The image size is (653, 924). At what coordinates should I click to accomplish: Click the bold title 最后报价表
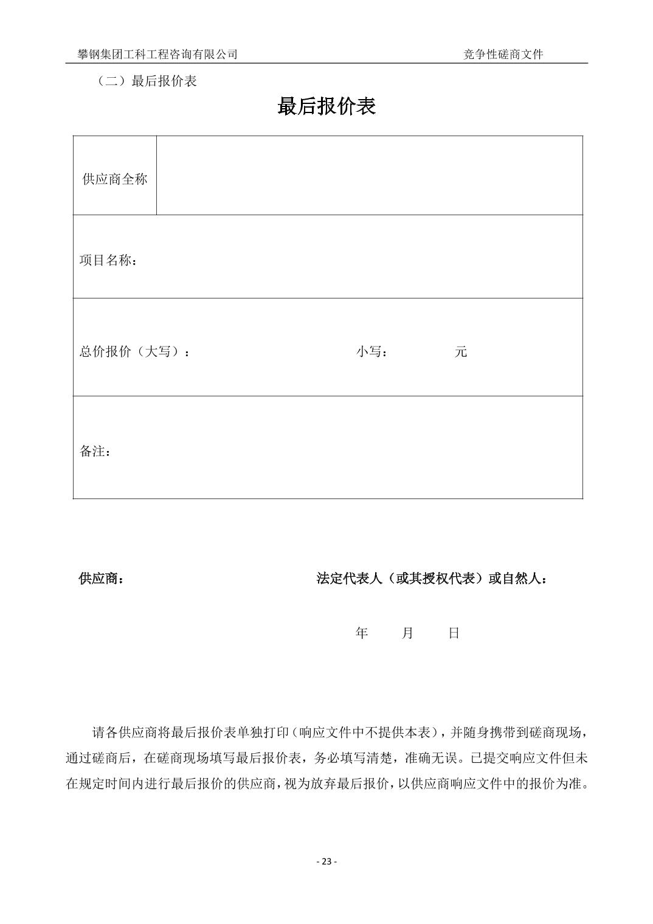[326, 106]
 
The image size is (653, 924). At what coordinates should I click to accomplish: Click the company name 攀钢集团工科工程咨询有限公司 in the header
[157, 54]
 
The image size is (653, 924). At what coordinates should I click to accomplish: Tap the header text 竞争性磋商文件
[503, 54]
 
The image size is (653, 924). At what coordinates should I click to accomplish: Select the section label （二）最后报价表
[146, 81]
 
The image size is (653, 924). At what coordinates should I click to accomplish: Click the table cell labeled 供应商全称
[115, 179]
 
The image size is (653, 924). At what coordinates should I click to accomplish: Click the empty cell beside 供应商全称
[369, 176]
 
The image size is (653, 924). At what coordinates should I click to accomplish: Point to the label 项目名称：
[108, 261]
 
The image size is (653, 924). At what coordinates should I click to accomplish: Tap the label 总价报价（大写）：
[134, 352]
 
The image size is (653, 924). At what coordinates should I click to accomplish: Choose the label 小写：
[372, 352]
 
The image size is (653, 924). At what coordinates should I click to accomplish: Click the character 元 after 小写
[461, 352]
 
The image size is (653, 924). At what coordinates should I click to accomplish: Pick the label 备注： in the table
[95, 452]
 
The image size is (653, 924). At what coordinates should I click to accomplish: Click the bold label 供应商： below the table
[102, 579]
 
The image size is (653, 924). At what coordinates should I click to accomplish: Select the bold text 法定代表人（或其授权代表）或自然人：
[432, 579]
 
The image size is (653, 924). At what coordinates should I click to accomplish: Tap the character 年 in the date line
[362, 633]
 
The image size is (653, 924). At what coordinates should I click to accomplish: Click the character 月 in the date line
[407, 633]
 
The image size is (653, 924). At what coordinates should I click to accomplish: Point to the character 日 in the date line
[454, 633]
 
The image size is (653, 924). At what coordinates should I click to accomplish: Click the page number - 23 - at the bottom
[326, 861]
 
